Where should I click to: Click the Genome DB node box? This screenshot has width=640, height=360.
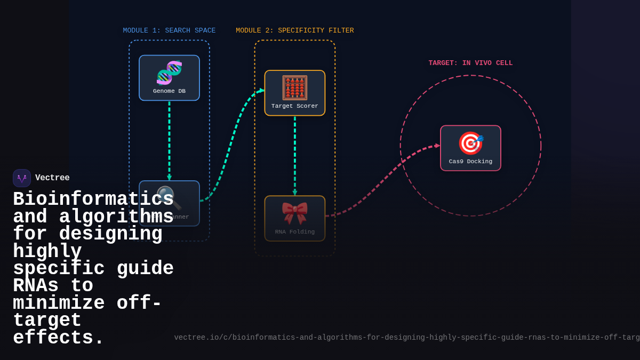click(169, 78)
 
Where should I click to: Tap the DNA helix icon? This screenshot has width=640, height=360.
click(169, 73)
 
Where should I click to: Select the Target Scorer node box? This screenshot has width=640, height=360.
click(294, 93)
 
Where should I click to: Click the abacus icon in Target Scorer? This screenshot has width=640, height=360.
click(294, 87)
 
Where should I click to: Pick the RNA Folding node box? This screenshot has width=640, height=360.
click(294, 218)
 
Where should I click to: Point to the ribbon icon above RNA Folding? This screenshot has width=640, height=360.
click(294, 212)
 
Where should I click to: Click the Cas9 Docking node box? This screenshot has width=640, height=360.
click(470, 148)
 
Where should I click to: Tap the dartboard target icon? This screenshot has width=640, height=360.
click(470, 143)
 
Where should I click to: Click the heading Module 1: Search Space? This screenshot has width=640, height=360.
click(169, 31)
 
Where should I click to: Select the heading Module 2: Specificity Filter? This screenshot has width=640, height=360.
click(294, 31)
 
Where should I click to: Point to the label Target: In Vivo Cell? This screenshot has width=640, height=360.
click(470, 63)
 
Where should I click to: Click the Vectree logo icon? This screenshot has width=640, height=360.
click(22, 178)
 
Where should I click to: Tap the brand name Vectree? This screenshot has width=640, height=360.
click(52, 178)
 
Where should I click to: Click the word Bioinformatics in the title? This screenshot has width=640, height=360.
click(93, 199)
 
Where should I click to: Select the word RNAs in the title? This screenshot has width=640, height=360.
click(35, 286)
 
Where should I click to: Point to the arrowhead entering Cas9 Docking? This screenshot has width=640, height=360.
click(437, 146)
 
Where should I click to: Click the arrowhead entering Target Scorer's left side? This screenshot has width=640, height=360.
click(262, 91)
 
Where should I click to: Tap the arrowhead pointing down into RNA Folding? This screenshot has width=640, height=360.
click(294, 193)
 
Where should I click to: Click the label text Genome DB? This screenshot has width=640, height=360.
click(169, 91)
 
